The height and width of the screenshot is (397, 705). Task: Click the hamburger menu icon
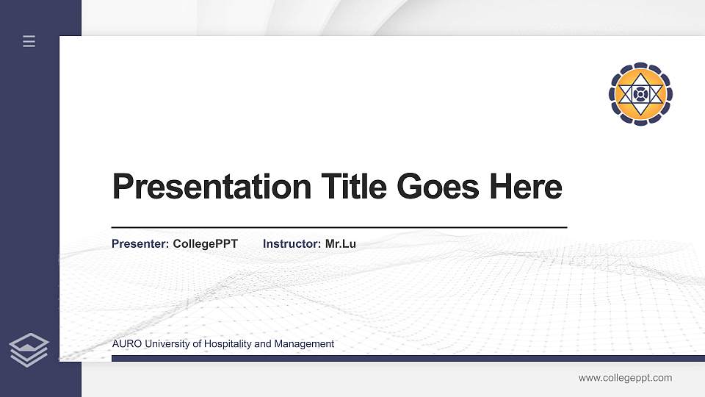(x=29, y=41)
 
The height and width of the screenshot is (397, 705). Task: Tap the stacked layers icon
(x=29, y=348)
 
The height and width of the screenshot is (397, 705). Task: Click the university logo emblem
(x=640, y=93)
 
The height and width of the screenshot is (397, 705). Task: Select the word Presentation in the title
(x=212, y=187)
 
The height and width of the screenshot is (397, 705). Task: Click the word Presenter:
(x=140, y=243)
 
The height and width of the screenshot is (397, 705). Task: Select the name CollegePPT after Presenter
(x=205, y=243)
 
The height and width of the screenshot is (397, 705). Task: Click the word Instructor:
(x=292, y=243)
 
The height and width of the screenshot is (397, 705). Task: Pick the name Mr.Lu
(x=340, y=243)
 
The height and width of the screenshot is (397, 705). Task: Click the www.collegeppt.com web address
(x=625, y=378)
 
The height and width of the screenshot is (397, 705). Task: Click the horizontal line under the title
(x=339, y=228)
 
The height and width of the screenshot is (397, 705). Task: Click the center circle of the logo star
(x=640, y=93)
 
